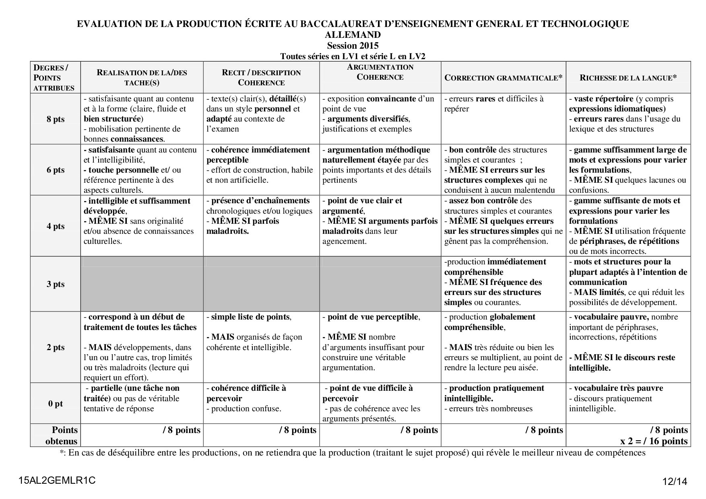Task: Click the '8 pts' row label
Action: pos(56,119)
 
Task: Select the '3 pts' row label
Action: pos(56,284)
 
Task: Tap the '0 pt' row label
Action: pos(56,404)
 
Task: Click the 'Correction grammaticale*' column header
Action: pos(503,78)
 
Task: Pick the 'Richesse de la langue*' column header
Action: pos(628,78)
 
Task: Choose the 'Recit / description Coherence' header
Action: pos(261,77)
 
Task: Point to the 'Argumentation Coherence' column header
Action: pos(380,72)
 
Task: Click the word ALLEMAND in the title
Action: pos(353,35)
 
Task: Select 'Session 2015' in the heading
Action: pos(353,45)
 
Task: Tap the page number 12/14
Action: pos(675,481)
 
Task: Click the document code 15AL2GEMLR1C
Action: pos(57,480)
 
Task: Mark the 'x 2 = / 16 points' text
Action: pos(654,441)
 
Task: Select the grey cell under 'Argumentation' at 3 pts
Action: pos(380,284)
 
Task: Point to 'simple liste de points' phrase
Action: pos(250,317)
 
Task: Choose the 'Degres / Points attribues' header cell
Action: pos(54,78)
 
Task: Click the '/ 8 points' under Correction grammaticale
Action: pos(544,430)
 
